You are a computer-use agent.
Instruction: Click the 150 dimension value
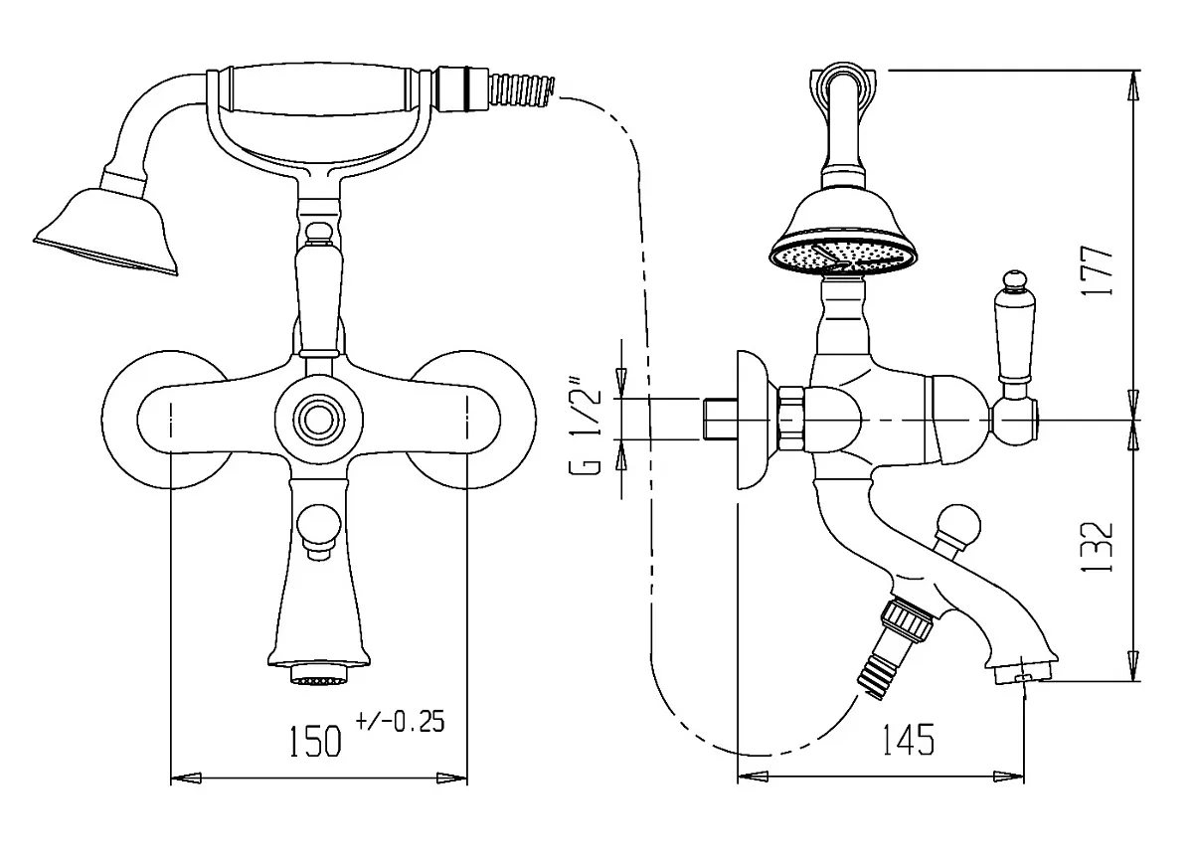pos(315,741)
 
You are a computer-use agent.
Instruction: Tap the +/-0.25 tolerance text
pos(400,722)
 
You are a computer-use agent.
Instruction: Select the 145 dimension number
pos(909,739)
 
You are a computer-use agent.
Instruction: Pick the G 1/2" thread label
pos(585,426)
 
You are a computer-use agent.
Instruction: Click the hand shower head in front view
pos(105,232)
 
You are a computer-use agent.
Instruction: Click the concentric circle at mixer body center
pos(318,421)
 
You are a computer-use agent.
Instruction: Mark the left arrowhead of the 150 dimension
pos(186,779)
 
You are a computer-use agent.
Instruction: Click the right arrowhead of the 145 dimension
pos(1009,778)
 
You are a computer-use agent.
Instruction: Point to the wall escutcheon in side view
pos(754,420)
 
